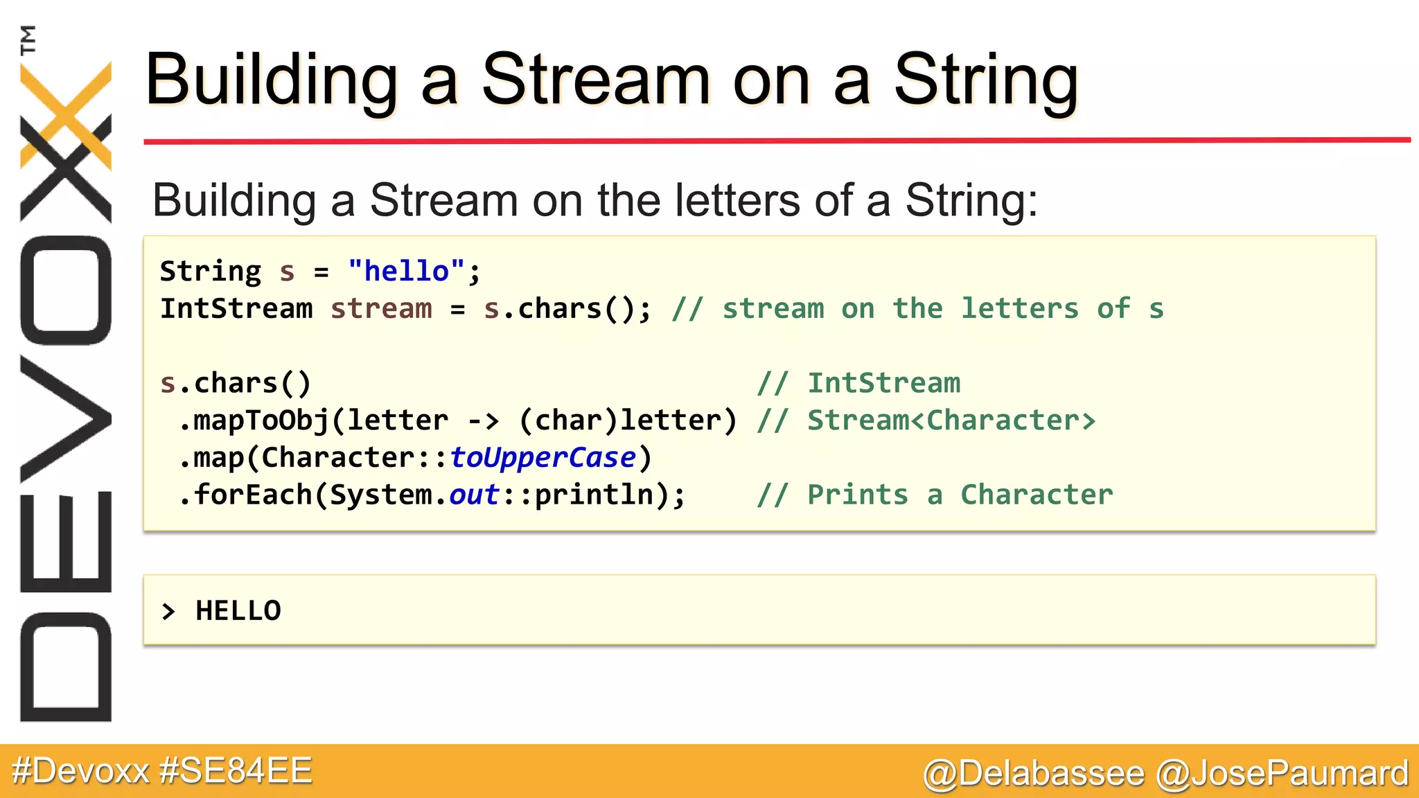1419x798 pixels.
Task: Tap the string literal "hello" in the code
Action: [406, 271]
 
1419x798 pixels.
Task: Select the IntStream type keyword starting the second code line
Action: [236, 308]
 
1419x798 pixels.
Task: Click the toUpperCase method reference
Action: [543, 457]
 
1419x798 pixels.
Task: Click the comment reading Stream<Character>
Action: [951, 420]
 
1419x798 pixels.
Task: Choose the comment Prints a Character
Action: [960, 495]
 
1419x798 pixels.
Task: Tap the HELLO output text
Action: [238, 611]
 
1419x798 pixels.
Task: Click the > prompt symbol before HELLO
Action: [168, 612]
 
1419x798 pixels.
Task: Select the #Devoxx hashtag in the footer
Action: [80, 771]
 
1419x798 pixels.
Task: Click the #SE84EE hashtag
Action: [236, 771]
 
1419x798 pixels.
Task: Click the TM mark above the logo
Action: [28, 40]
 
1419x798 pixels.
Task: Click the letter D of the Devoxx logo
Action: [66, 666]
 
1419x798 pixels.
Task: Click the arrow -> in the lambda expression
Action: [484, 420]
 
